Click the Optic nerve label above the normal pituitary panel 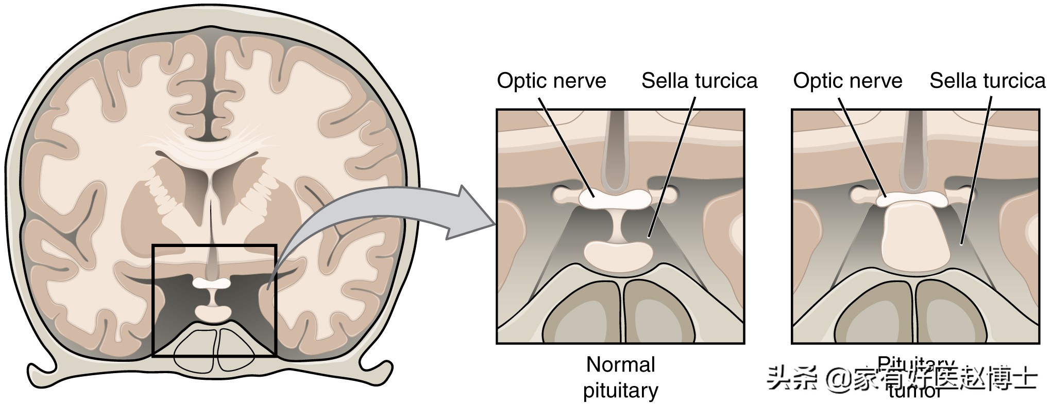pyautogui.click(x=551, y=81)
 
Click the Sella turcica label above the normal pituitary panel pyautogui.click(x=699, y=81)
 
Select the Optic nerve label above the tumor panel pyautogui.click(x=847, y=81)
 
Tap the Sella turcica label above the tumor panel pyautogui.click(x=987, y=81)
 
